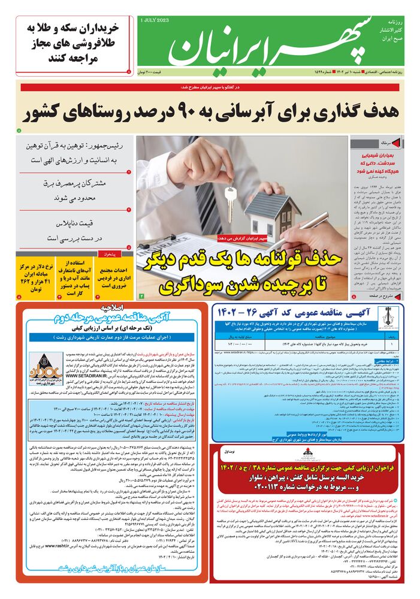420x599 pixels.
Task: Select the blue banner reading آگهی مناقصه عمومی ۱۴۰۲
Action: coord(305,313)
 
